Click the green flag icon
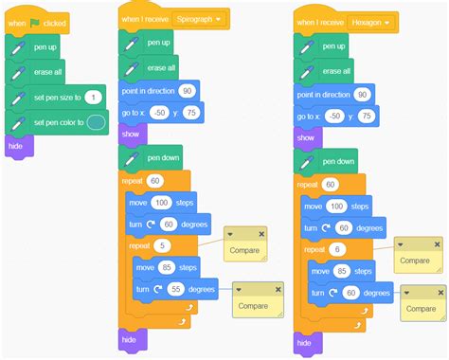34,23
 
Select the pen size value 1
93,98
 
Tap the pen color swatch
96,122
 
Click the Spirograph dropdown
198,19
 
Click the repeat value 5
162,245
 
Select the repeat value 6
337,249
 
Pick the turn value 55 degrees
176,289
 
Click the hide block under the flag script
19,146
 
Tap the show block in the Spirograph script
133,135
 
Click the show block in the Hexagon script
308,138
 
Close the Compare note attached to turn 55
278,290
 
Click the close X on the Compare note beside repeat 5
261,234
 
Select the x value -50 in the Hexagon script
334,117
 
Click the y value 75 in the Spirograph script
191,113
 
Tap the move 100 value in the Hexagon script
336,207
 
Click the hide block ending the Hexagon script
308,343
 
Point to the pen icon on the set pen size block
18,98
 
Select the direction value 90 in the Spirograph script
188,91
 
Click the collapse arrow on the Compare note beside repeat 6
401,244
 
